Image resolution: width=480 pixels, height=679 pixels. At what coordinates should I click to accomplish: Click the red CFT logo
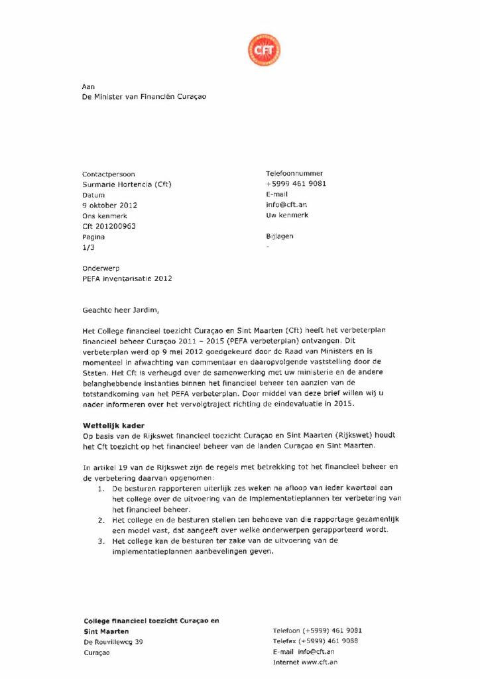click(x=264, y=50)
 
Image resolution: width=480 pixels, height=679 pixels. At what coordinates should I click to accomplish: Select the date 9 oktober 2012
click(x=109, y=205)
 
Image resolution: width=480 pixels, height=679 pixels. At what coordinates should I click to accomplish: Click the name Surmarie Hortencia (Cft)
click(x=127, y=184)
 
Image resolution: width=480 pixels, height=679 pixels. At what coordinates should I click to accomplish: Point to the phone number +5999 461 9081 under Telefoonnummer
click(x=296, y=184)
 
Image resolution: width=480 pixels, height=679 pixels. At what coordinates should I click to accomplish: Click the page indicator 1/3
click(x=88, y=247)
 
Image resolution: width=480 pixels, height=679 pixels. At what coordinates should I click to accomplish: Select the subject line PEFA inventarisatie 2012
click(x=127, y=278)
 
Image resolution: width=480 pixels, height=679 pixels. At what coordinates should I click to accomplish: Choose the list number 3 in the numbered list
click(x=99, y=540)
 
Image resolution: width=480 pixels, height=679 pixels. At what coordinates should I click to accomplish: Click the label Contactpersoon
click(x=108, y=174)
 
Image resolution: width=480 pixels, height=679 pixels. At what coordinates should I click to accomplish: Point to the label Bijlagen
click(x=279, y=236)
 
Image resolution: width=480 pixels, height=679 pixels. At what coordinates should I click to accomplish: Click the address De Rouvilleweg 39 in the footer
click(x=113, y=641)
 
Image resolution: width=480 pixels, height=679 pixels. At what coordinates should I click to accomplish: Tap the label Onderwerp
click(x=101, y=268)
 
